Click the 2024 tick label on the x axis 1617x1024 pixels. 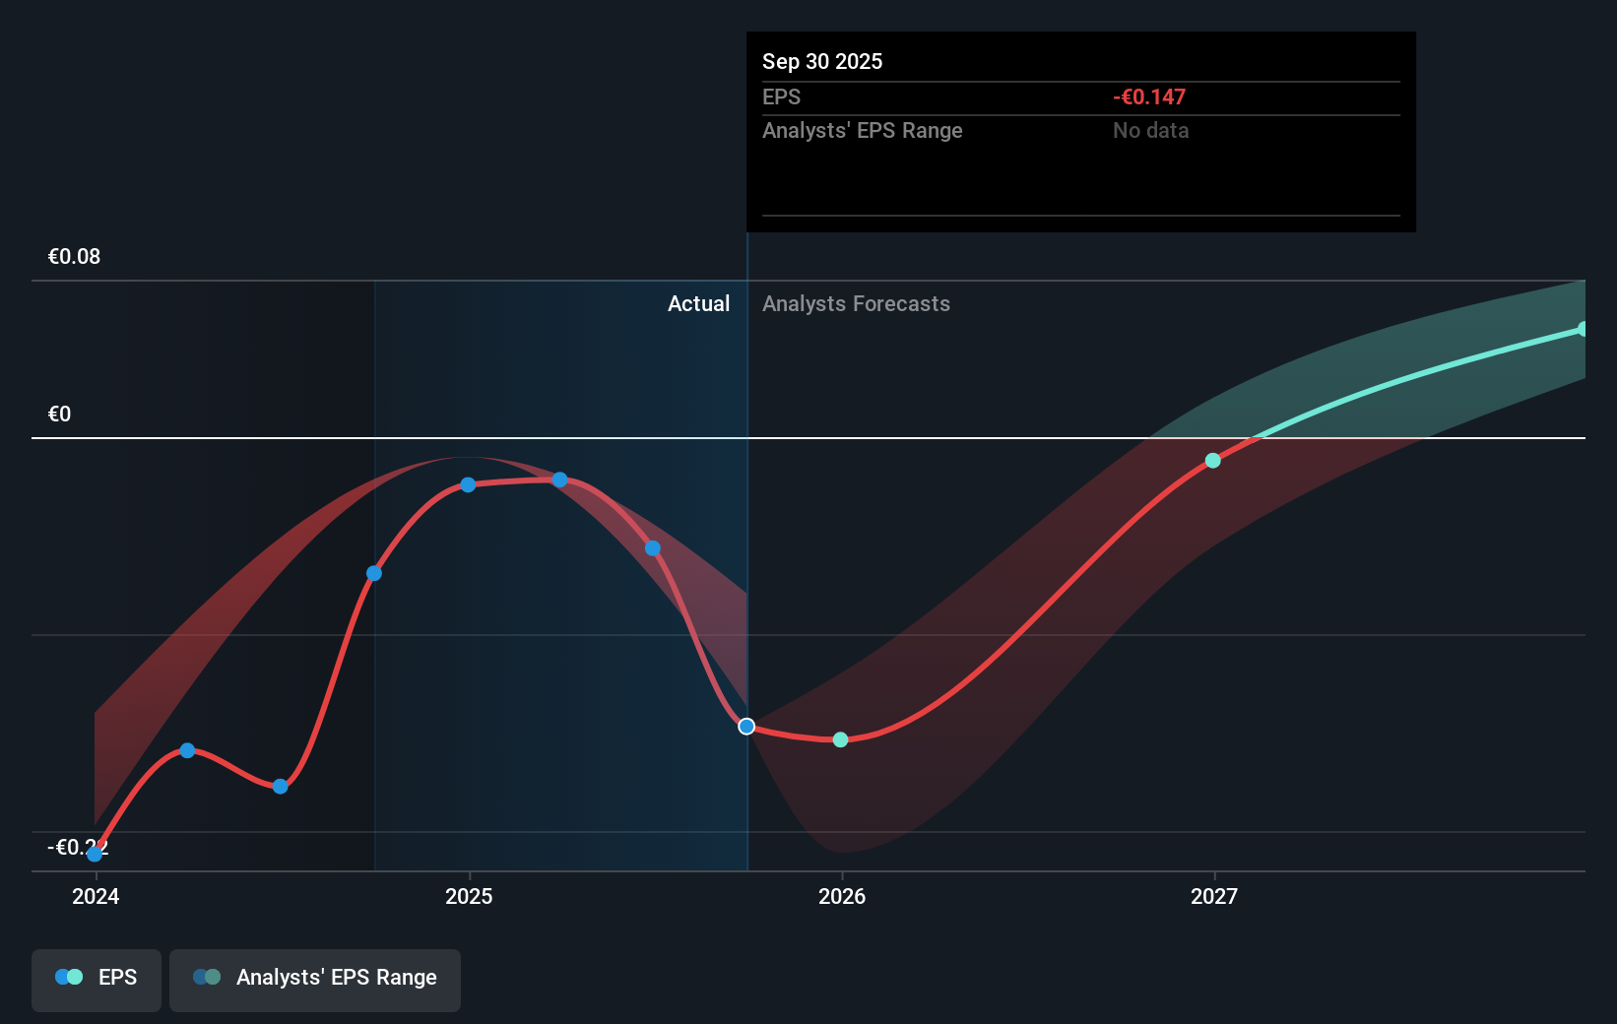[96, 896]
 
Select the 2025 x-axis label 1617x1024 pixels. [469, 896]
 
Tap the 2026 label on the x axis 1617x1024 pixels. [842, 896]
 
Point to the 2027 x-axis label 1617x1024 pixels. [1214, 896]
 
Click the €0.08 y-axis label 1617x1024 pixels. [74, 257]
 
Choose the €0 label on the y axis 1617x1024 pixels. [59, 415]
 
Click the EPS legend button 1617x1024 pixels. [97, 978]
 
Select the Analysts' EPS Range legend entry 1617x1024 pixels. [315, 978]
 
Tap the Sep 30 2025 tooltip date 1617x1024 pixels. [822, 62]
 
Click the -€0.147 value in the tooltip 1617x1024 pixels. [1149, 97]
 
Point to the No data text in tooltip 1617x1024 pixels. [1150, 131]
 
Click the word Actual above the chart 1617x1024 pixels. [698, 304]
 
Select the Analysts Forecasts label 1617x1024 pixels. [856, 304]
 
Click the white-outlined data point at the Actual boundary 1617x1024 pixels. [746, 727]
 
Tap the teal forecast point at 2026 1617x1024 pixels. [840, 739]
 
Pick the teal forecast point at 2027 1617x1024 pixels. [1213, 461]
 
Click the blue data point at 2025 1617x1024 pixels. [469, 484]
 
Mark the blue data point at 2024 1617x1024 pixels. [95, 853]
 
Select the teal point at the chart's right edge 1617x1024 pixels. [1583, 329]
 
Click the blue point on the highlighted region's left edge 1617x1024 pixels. [374, 573]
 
